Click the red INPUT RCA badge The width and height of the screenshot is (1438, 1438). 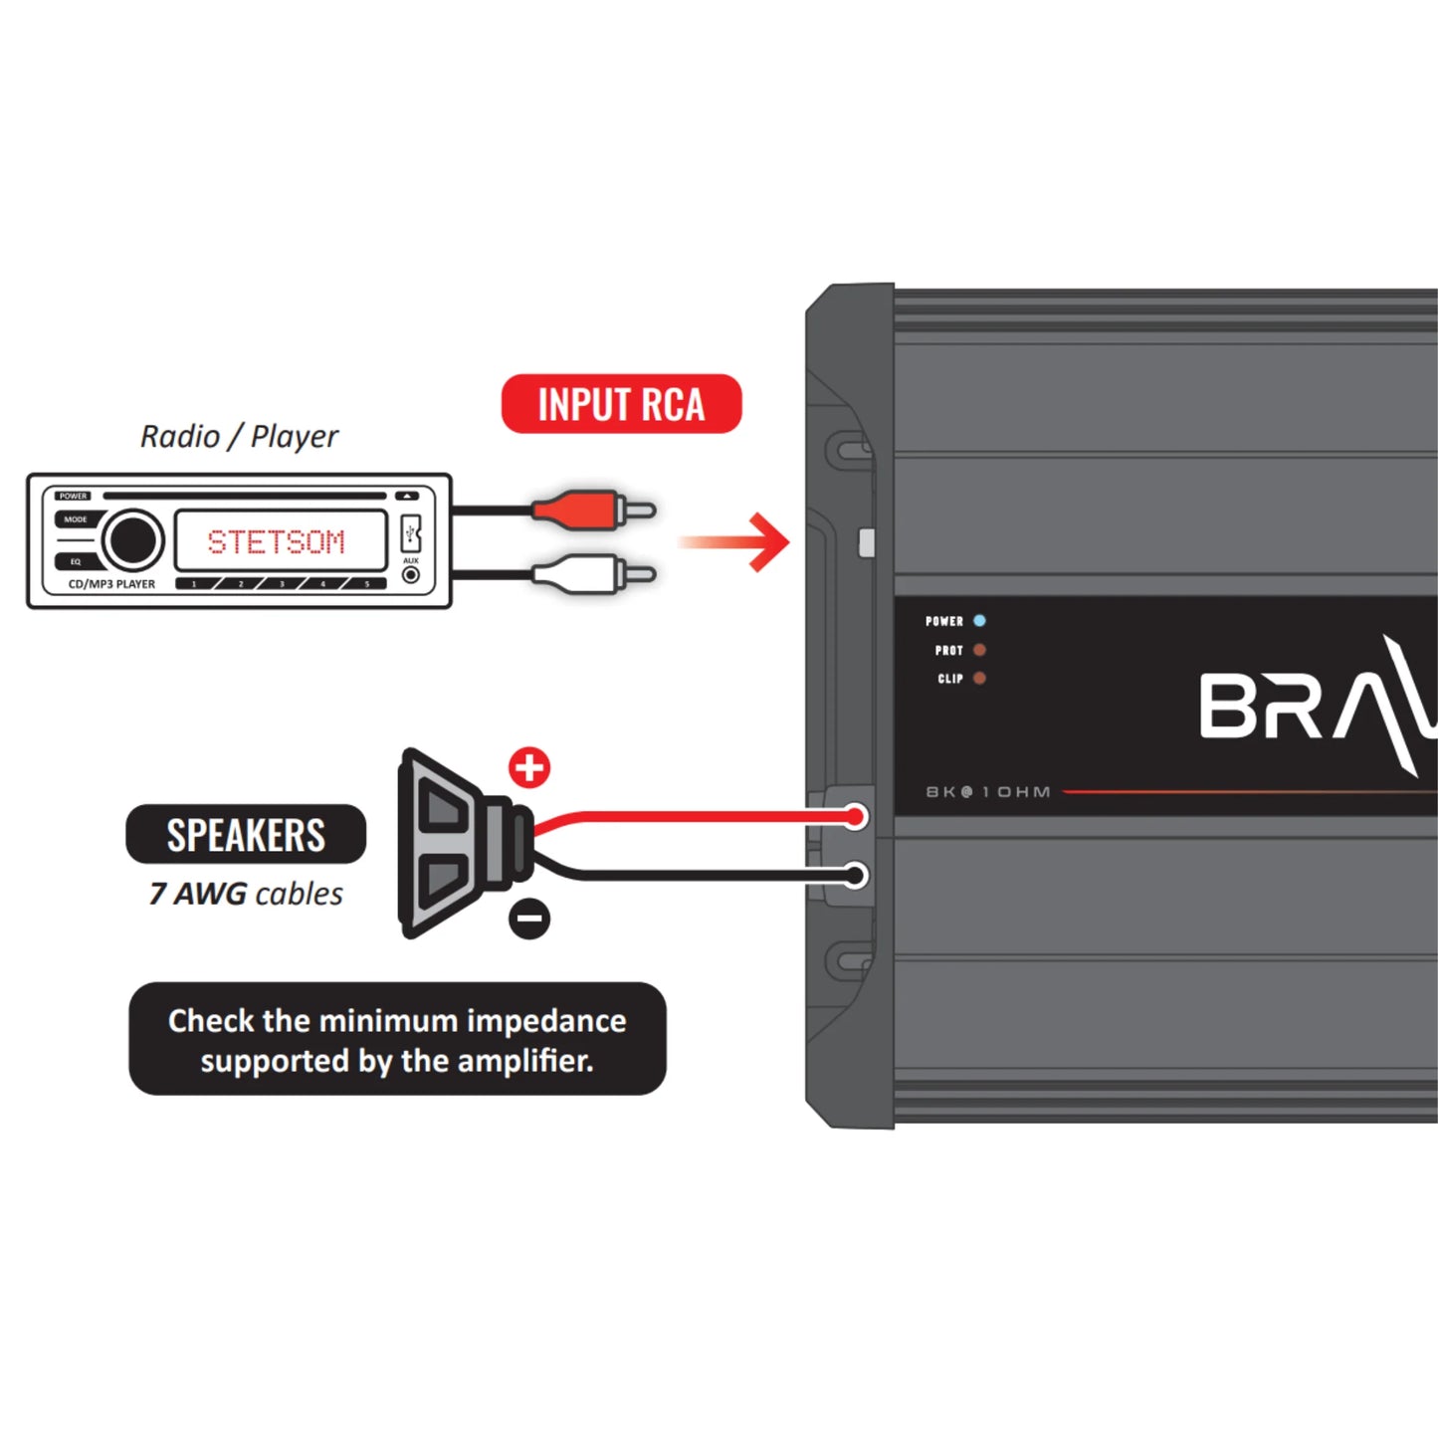pyautogui.click(x=621, y=404)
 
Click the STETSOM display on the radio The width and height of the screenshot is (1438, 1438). pyautogui.click(x=278, y=541)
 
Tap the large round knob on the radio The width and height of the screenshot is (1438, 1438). pyautogui.click(x=132, y=540)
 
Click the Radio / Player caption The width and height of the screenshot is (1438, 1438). pyautogui.click(x=239, y=436)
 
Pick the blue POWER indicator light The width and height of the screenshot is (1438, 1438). pyautogui.click(x=979, y=621)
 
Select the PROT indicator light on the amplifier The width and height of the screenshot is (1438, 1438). pyautogui.click(x=979, y=650)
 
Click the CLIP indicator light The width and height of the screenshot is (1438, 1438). pyautogui.click(x=979, y=679)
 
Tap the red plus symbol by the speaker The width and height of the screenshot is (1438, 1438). pyautogui.click(x=529, y=767)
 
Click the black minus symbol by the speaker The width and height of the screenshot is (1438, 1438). pyautogui.click(x=529, y=918)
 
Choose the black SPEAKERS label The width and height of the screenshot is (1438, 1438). pyautogui.click(x=246, y=835)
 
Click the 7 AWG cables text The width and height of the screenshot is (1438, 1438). pyautogui.click(x=246, y=894)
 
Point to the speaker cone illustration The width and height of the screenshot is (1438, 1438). pyautogui.click(x=453, y=844)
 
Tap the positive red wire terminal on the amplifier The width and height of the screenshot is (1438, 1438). pyautogui.click(x=855, y=818)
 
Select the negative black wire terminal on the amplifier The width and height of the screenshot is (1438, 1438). pyautogui.click(x=855, y=876)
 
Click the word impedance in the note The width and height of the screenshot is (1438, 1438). pyautogui.click(x=546, y=1021)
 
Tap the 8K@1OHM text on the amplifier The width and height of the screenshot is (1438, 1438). pyautogui.click(x=988, y=792)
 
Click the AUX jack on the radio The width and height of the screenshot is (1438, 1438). pyautogui.click(x=410, y=575)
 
